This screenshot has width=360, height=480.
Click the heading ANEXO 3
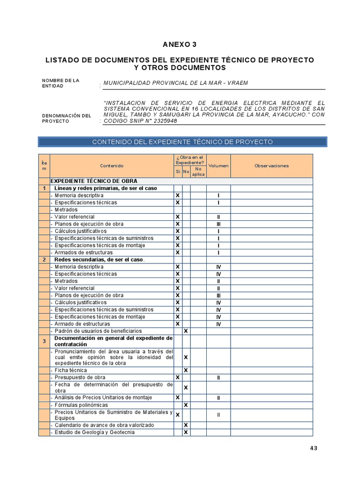[x=180, y=45]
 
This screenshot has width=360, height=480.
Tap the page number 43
[x=314, y=448]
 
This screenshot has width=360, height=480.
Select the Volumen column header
[x=218, y=165]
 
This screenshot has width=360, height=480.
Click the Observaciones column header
[x=271, y=165]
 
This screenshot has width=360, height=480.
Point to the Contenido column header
[x=112, y=165]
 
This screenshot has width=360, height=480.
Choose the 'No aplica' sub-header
[x=198, y=172]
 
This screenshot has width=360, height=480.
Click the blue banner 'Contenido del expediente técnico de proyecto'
[x=182, y=142]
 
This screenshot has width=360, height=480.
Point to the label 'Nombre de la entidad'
[x=61, y=83]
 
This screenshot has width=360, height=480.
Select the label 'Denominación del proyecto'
[x=65, y=118]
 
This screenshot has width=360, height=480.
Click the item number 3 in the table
[x=44, y=341]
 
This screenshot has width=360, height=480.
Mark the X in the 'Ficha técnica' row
[x=186, y=370]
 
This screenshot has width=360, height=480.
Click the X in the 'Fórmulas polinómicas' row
[x=186, y=405]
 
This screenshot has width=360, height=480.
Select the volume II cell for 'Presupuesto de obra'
[x=218, y=377]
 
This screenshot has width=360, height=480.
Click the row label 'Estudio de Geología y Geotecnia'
[x=94, y=432]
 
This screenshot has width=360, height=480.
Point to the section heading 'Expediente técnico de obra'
[x=94, y=181]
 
